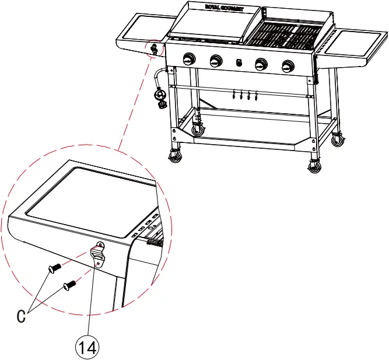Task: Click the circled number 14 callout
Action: coord(87,347)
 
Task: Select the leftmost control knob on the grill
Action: coord(189,60)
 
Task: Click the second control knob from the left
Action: coord(216,61)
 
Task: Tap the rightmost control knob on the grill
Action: coord(288,67)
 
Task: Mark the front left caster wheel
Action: coord(175,156)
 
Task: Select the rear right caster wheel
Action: coord(338,140)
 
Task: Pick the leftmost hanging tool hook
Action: coord(233,95)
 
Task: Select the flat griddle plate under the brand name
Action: coord(213,26)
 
